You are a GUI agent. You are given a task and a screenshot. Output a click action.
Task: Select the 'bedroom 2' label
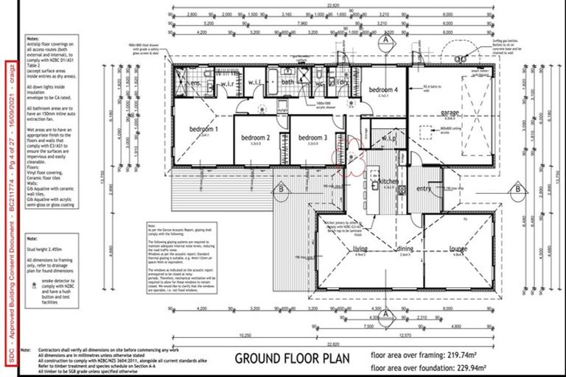257,138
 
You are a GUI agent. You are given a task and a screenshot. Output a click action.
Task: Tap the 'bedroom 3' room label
312,138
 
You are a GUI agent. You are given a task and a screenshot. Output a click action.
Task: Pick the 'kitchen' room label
388,180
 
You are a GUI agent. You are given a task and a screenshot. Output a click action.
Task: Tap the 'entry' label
424,188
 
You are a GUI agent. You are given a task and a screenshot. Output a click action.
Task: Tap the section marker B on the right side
520,188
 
